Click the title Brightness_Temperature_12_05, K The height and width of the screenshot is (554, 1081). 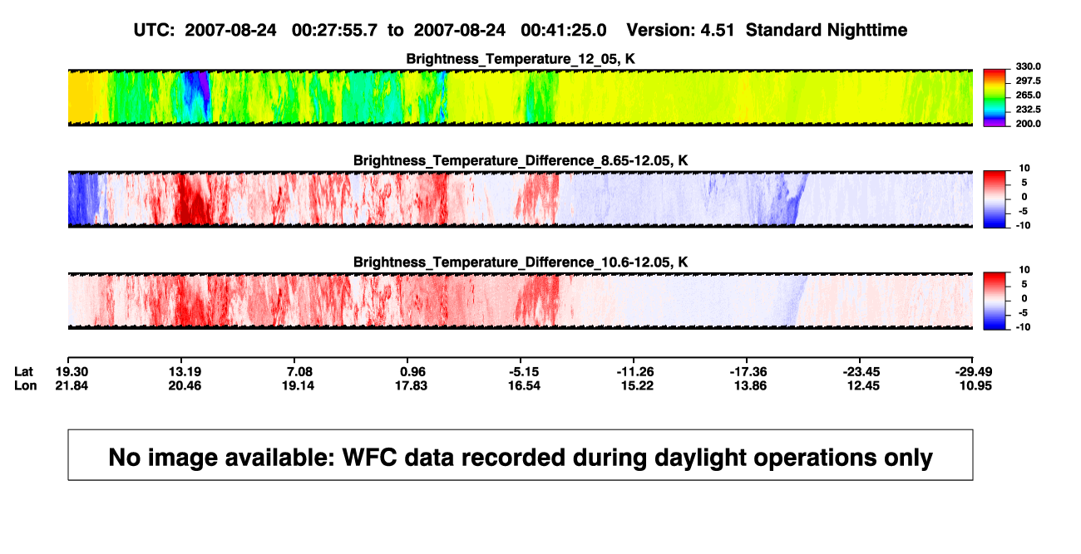pos(521,59)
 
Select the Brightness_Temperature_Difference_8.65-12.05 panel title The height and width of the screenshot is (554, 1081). pos(521,160)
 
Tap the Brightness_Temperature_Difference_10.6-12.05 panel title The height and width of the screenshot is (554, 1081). pos(521,262)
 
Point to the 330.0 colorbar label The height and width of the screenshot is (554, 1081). pos(1028,66)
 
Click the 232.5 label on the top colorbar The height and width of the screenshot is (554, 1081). pos(1028,110)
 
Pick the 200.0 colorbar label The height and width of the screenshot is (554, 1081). pos(1028,124)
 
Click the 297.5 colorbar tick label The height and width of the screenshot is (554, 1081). pos(1028,81)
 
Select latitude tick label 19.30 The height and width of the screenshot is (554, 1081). pos(72,372)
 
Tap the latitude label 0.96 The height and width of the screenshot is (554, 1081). pos(412,372)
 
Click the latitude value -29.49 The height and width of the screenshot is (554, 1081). pos(974,372)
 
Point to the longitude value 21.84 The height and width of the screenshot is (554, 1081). pos(72,385)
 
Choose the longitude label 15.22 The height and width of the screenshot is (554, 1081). pos(637,385)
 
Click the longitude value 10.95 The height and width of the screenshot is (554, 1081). pos(975,385)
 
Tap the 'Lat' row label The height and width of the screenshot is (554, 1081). pos(23,372)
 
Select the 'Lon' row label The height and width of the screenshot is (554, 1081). pos(25,385)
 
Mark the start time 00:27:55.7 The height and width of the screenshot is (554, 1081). pos(334,31)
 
